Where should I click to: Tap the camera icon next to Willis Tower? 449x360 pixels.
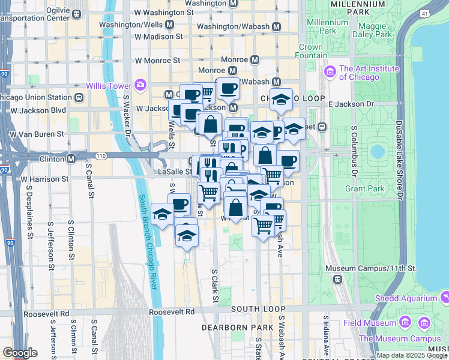tap(141, 84)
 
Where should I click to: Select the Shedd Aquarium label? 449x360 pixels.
tap(406, 298)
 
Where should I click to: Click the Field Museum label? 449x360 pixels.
tap(369, 323)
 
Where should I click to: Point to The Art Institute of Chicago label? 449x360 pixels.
tap(359, 73)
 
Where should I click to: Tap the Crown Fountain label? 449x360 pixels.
tap(310, 51)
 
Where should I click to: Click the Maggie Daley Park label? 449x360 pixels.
tap(375, 31)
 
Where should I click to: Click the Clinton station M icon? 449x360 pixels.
tap(71, 159)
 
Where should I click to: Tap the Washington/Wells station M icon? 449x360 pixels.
tap(169, 25)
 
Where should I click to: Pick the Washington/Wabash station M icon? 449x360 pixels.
tap(276, 27)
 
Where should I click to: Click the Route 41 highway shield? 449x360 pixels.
tap(425, 13)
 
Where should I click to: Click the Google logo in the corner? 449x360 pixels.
tap(20, 353)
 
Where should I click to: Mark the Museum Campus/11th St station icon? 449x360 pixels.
tap(338, 279)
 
